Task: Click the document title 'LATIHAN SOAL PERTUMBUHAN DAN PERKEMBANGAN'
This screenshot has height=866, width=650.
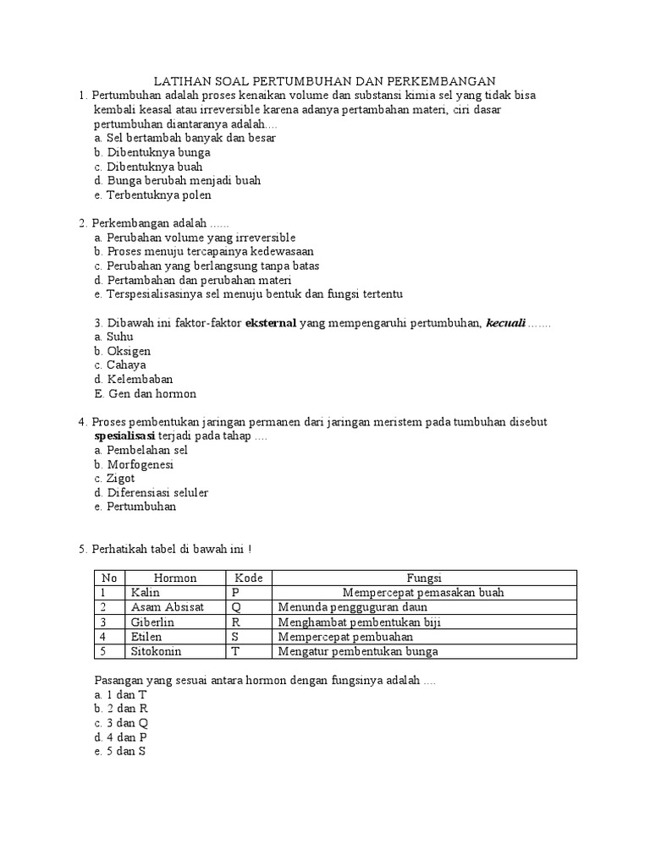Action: (x=325, y=80)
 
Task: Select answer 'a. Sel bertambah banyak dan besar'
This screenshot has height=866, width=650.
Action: (x=185, y=137)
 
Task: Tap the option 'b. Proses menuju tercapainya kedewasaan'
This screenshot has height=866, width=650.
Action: (x=204, y=251)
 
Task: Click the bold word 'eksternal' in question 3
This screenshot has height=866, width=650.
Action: (x=270, y=322)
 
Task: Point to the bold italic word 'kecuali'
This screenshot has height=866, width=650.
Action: (x=505, y=322)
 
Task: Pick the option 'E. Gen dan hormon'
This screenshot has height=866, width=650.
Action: (x=145, y=394)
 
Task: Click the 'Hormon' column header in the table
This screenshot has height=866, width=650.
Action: (x=174, y=578)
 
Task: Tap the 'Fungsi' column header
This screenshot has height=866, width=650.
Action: (x=424, y=578)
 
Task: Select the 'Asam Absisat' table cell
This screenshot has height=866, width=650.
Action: (x=162, y=607)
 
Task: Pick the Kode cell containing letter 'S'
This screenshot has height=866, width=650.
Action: (x=235, y=636)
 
